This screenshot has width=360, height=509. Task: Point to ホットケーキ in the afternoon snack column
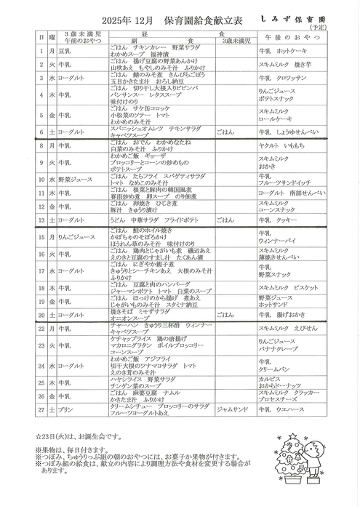(x=288, y=53)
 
